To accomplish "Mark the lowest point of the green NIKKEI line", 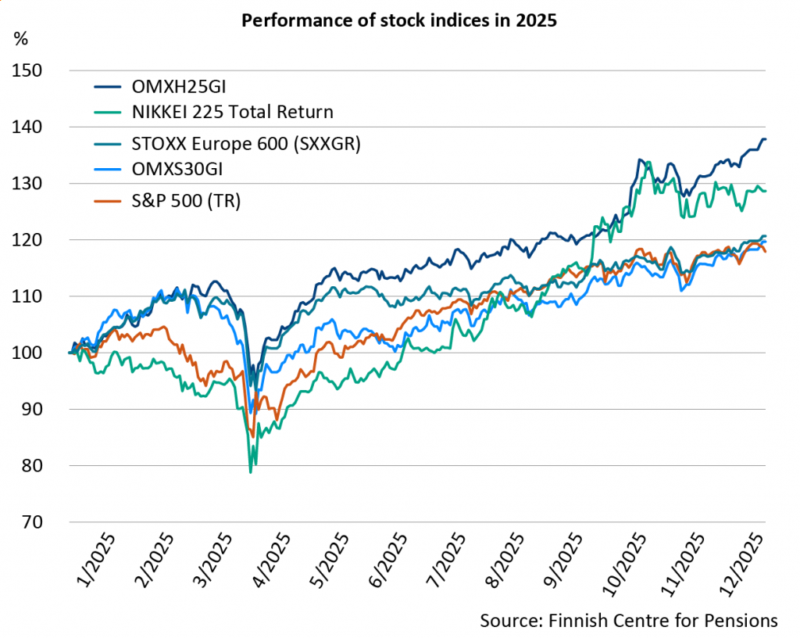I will (x=250, y=472).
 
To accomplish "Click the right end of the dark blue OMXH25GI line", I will (x=765, y=139).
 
